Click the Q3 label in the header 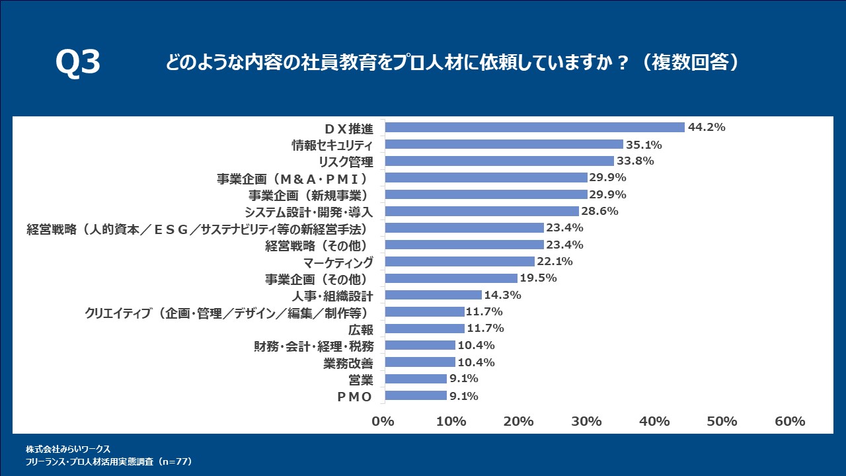[x=78, y=63]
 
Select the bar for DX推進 [x=535, y=128]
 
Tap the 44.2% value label [x=707, y=128]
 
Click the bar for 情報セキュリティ [x=504, y=144]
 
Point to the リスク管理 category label [x=346, y=161]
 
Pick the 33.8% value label [x=635, y=161]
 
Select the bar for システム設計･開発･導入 [x=482, y=212]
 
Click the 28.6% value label [x=599, y=212]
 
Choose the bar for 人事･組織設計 [x=433, y=295]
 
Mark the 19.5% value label [x=539, y=278]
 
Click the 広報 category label [x=361, y=329]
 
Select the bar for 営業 [x=416, y=379]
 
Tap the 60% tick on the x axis [x=790, y=422]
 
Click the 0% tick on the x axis [x=383, y=422]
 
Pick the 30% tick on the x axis [x=586, y=422]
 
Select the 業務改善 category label [x=348, y=362]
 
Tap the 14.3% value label [x=503, y=295]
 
